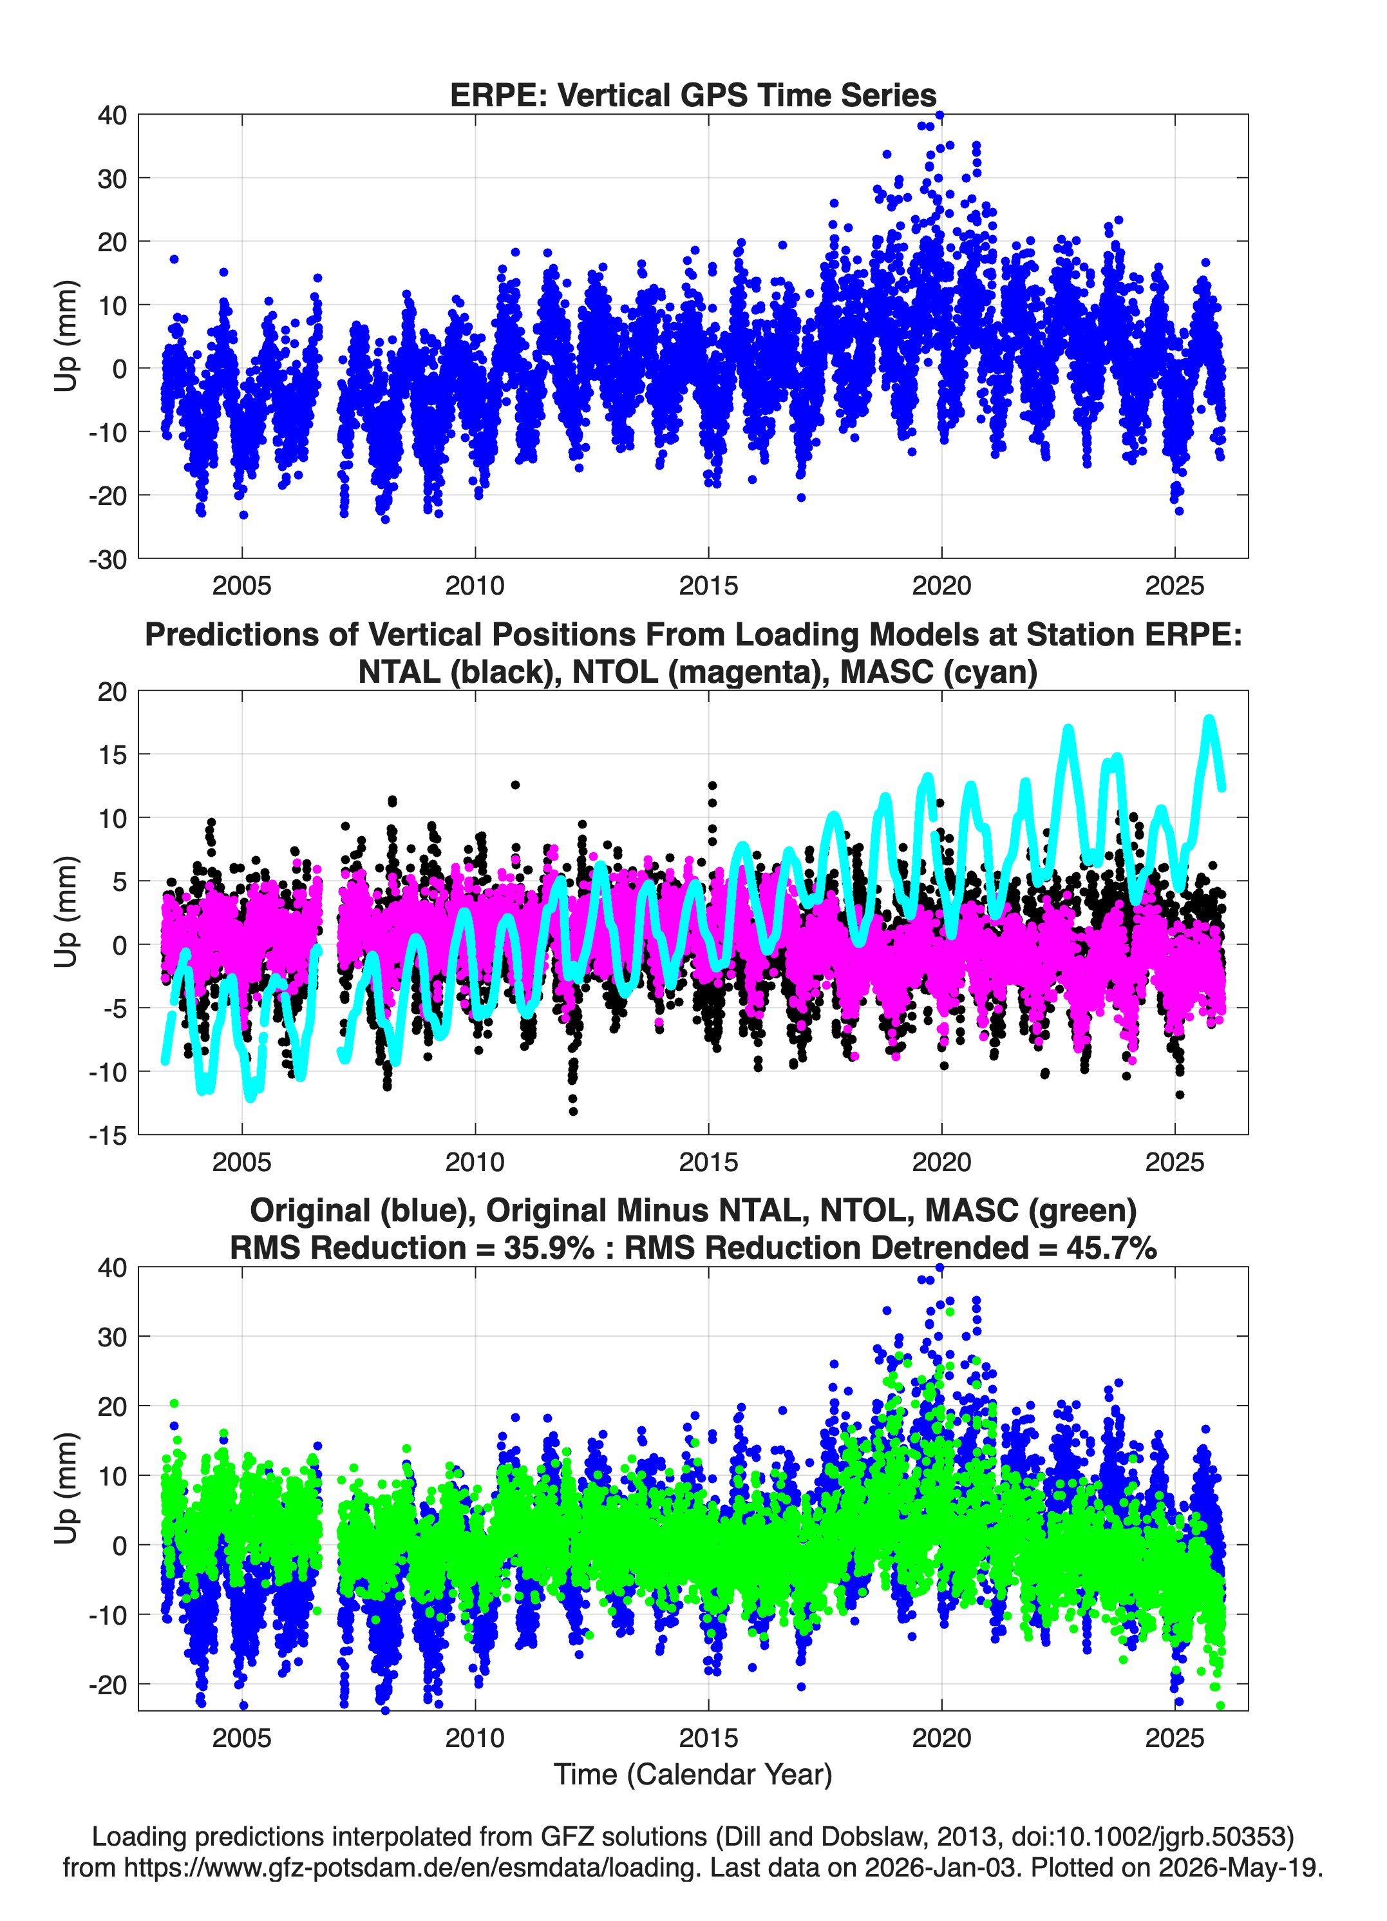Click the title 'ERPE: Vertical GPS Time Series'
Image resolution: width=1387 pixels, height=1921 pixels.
click(693, 95)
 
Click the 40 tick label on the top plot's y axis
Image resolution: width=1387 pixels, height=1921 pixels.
click(112, 115)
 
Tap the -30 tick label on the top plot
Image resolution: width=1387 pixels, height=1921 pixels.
click(108, 559)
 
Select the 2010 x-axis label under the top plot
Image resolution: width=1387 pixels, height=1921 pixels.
click(475, 586)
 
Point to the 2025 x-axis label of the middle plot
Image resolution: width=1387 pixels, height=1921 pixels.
click(1175, 1162)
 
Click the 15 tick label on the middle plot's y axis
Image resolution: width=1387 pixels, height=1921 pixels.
click(112, 755)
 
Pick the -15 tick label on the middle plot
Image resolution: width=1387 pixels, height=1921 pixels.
click(108, 1136)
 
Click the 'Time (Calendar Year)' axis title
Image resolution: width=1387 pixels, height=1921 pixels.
click(693, 1775)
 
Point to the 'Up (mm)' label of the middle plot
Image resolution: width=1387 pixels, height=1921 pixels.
click(66, 912)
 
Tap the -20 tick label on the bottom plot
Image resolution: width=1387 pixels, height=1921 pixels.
click(108, 1685)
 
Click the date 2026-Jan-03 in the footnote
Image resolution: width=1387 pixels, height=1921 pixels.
click(940, 1868)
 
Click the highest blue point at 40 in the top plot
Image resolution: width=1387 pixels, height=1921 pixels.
click(939, 115)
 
